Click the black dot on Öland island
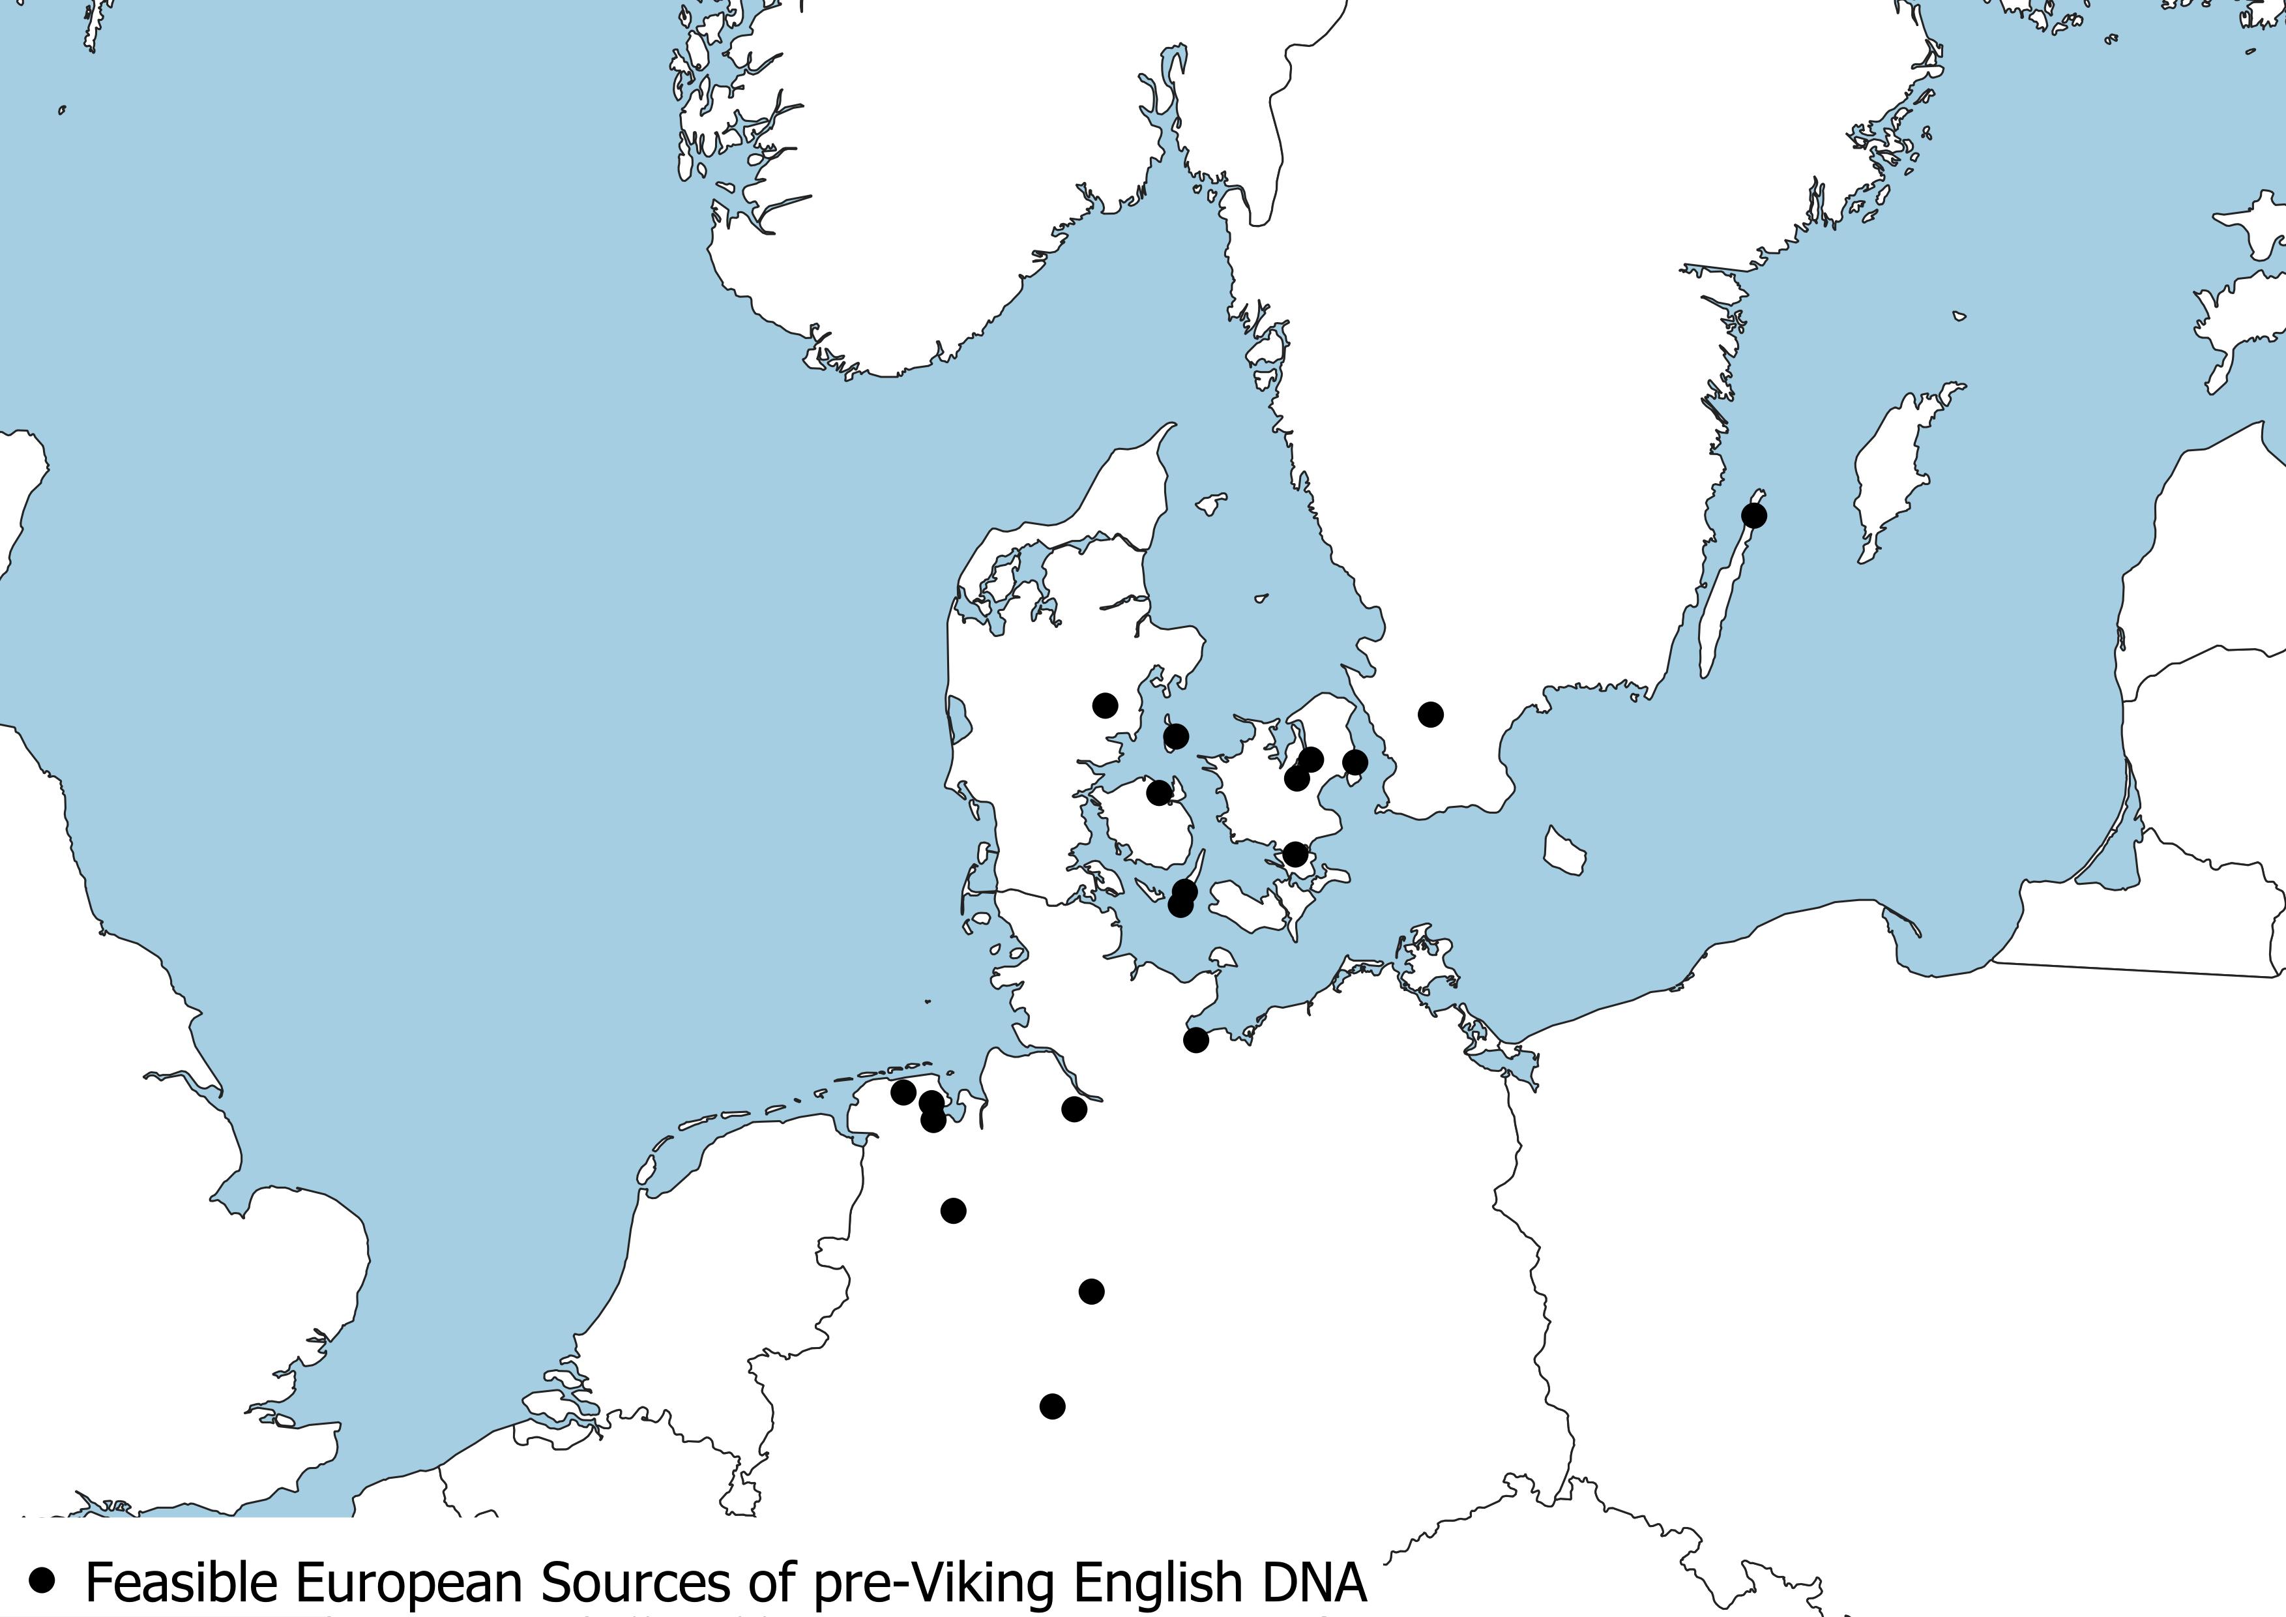(x=1754, y=516)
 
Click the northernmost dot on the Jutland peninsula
(x=1105, y=705)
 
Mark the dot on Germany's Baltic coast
(x=1195, y=1039)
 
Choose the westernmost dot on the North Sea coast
(x=903, y=1092)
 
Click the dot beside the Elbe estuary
(x=1074, y=1108)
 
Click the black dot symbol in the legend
(x=42, y=1579)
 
